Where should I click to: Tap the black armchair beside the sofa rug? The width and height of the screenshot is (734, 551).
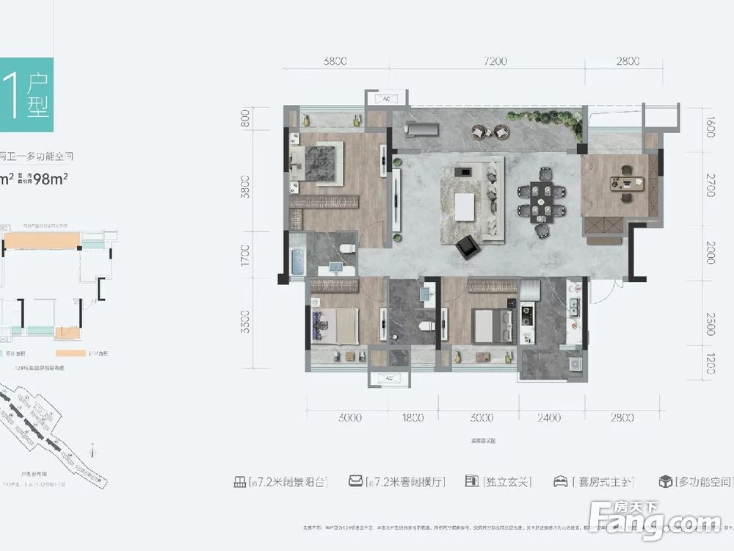tap(466, 248)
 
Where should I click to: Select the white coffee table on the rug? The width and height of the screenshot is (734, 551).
tap(465, 206)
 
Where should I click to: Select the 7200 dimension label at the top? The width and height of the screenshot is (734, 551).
tap(495, 62)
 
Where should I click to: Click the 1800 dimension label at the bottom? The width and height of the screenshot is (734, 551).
tap(413, 418)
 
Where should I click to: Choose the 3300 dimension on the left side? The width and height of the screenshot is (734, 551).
tap(245, 322)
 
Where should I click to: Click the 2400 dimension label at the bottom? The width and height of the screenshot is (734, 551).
tap(548, 418)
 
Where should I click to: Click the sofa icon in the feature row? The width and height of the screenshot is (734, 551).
tap(356, 482)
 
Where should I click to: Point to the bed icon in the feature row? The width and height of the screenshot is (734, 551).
tap(560, 482)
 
